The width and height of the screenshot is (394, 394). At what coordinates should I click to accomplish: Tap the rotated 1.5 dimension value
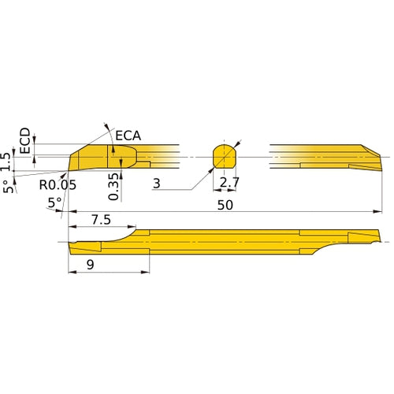click(8, 161)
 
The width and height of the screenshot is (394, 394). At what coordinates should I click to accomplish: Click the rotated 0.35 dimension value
click(115, 187)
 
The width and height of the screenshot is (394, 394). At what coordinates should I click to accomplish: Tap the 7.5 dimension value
click(100, 218)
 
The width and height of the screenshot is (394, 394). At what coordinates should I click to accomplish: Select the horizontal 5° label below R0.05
click(55, 203)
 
